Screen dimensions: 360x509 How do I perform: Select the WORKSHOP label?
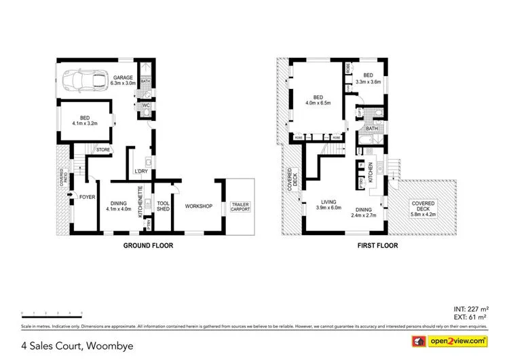tap(200, 206)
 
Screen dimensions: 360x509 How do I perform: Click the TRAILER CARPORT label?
tap(240, 206)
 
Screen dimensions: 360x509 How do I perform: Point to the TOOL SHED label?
tap(163, 206)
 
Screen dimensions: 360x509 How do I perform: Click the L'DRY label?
tap(140, 170)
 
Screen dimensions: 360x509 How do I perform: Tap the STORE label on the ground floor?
tap(103, 149)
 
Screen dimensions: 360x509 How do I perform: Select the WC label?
tap(145, 105)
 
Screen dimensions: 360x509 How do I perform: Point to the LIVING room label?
tap(328, 202)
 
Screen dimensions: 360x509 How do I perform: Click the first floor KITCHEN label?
tap(370, 174)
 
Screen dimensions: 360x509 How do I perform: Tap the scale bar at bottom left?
tap(52, 313)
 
